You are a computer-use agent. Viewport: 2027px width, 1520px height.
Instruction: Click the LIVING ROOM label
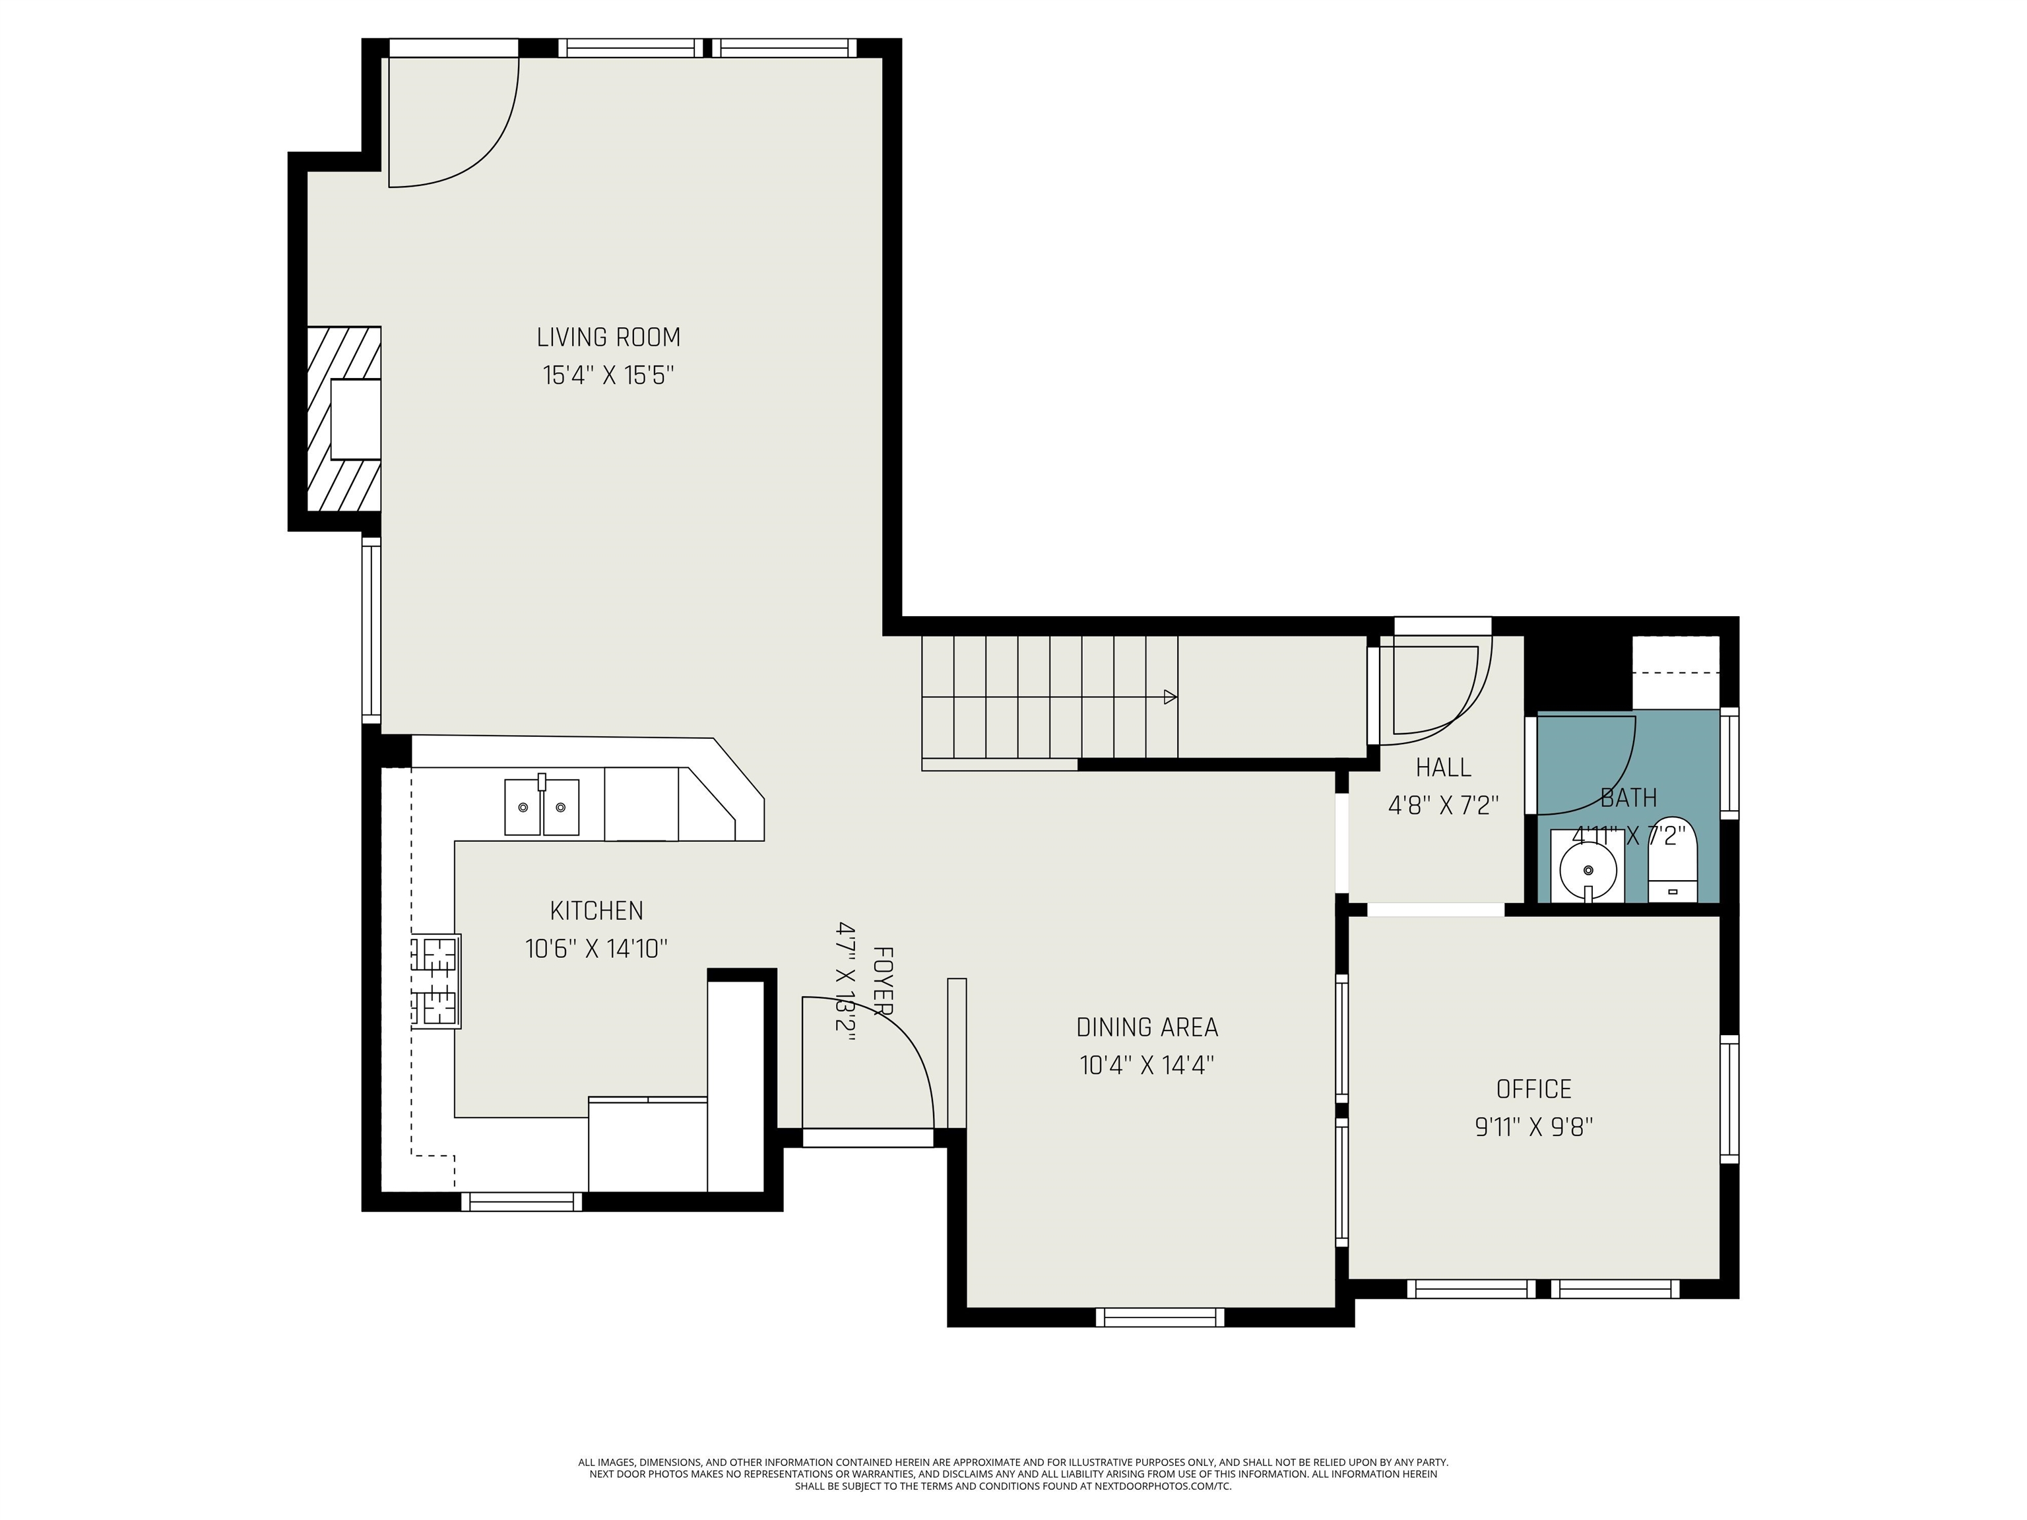(x=608, y=338)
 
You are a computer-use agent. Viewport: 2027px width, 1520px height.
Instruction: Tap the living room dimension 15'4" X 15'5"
(x=608, y=375)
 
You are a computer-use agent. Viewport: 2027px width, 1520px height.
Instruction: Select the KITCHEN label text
(x=596, y=910)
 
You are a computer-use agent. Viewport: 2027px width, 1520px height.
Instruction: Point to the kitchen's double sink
(x=542, y=807)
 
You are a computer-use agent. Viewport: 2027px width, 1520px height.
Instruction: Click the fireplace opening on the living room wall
(x=354, y=420)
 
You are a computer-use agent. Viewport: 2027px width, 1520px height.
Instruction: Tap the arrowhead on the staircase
(x=1169, y=697)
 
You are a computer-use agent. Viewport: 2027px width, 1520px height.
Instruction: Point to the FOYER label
(x=882, y=981)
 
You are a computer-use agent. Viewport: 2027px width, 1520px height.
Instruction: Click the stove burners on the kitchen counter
(x=436, y=981)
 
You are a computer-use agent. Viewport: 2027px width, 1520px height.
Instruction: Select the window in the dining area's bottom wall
(x=1159, y=1317)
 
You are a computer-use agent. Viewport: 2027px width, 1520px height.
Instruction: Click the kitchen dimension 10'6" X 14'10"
(x=596, y=949)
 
